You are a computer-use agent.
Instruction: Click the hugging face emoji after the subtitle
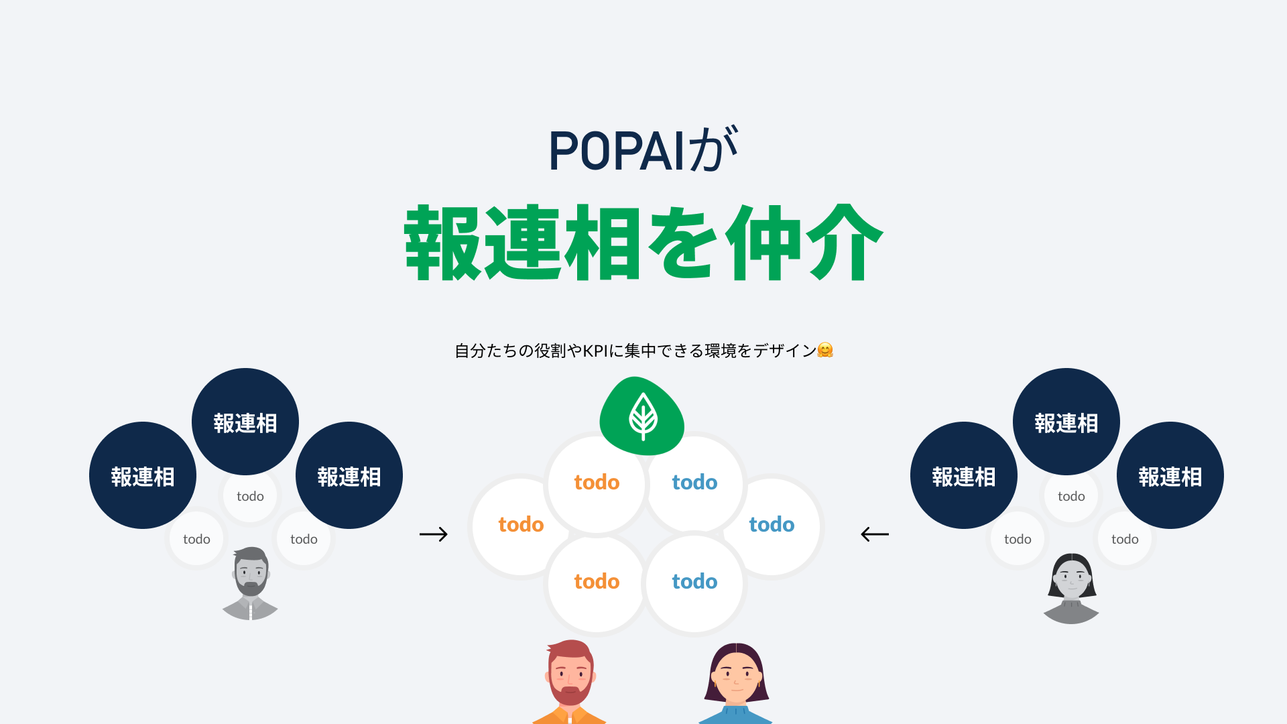point(825,350)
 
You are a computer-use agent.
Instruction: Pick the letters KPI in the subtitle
point(595,351)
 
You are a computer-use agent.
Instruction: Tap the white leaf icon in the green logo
point(643,416)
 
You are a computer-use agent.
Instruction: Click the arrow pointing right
point(433,534)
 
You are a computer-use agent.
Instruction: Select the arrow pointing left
point(874,534)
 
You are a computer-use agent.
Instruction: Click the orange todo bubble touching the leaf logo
point(597,483)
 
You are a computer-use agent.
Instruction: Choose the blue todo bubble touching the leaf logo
point(694,483)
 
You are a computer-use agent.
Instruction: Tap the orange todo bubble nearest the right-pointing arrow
point(521,525)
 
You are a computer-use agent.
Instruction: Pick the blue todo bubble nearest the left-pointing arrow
point(772,525)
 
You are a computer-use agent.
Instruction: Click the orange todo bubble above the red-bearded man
point(597,582)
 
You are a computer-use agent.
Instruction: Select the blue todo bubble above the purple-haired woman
point(694,582)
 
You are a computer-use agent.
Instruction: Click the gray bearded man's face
point(251,573)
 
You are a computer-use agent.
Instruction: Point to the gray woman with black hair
point(1071,583)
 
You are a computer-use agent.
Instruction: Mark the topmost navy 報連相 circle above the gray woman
point(1066,422)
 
